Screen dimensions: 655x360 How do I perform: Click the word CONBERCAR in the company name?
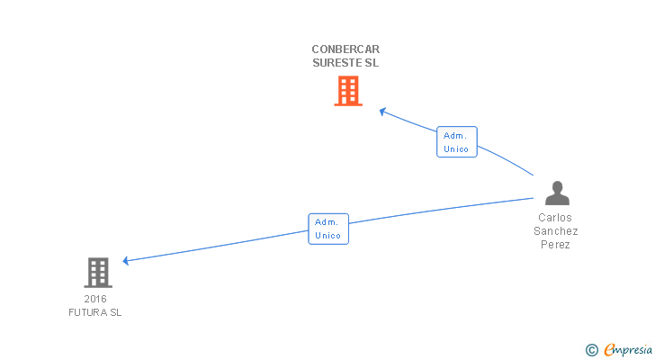coord(346,49)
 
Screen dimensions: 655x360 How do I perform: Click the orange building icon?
coord(348,91)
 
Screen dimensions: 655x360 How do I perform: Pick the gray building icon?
coord(98,272)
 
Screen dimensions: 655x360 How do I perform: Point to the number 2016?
coord(94,299)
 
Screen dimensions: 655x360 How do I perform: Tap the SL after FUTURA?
coord(115,312)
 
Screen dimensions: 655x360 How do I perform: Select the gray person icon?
coord(557,193)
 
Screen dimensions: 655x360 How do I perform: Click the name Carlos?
coord(555,218)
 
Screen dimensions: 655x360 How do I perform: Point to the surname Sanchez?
coord(555,231)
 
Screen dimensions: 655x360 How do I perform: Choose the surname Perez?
coord(555,245)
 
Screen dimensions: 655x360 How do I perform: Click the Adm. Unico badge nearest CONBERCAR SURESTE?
coord(456,142)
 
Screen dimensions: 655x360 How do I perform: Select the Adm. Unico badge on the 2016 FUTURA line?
coord(327,229)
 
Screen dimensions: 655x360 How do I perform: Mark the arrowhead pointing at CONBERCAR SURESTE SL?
coord(382,112)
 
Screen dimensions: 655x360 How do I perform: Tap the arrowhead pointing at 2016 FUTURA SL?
coord(127,261)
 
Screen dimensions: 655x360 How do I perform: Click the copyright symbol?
coord(591,350)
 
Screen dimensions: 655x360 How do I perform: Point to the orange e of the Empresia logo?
coord(608,350)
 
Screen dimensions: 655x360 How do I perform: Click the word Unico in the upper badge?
coord(456,149)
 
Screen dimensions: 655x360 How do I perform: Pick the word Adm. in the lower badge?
coord(327,221)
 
